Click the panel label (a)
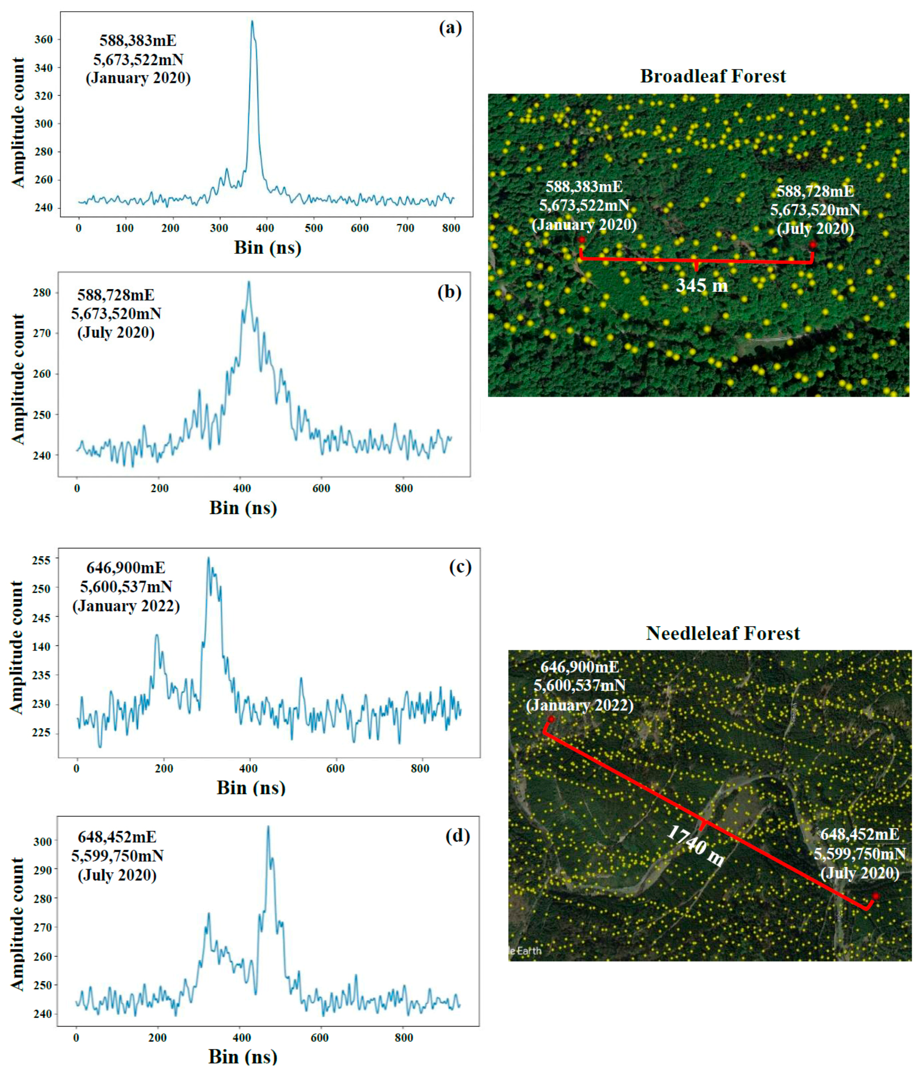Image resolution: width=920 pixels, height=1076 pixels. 450,28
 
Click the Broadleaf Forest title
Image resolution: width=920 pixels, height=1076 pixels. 713,76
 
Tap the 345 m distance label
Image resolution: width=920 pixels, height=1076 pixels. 701,285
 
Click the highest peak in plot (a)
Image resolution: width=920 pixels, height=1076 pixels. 252,22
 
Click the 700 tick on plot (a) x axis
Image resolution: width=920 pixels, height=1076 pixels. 405,228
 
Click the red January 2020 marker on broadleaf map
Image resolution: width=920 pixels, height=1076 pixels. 582,240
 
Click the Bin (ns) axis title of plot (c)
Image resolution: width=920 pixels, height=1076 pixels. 251,788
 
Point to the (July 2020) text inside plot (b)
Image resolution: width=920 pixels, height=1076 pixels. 116,332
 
